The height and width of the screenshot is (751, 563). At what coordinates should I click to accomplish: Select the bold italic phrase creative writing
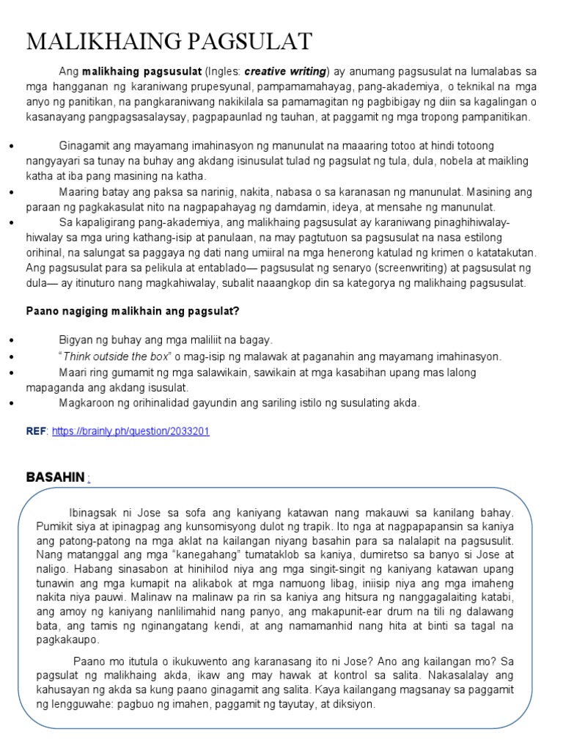285,71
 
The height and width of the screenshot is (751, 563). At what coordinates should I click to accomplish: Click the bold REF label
36,431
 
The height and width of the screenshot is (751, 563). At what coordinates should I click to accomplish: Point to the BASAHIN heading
56,477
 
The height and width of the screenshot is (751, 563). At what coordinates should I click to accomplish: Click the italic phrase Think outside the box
114,356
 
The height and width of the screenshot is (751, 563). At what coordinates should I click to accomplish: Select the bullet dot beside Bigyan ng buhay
12,341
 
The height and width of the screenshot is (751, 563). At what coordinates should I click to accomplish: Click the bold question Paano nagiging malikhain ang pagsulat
133,311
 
